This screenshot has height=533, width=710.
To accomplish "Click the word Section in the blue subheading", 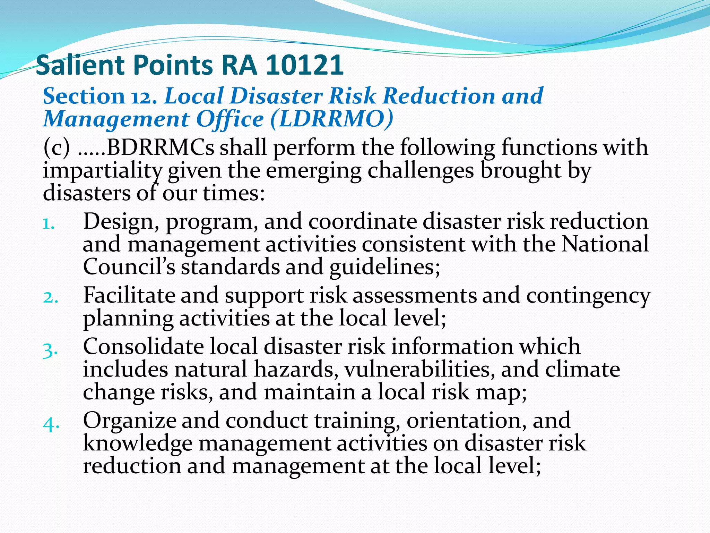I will coord(84,96).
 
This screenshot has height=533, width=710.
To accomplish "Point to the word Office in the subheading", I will coord(230,119).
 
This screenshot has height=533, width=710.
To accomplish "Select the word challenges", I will coord(420,171).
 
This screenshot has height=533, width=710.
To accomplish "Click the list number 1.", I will coord(49,224).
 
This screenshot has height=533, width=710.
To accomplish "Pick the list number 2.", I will coord(51,298).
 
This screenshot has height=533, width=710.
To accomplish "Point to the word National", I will coord(605,244).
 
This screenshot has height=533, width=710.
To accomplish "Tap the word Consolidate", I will coord(143,347).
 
